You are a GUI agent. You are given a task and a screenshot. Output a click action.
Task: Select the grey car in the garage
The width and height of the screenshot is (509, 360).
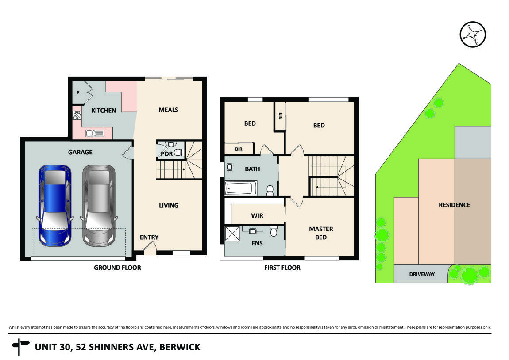(99, 205)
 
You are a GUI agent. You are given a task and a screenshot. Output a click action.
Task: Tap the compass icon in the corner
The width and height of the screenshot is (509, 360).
(473, 34)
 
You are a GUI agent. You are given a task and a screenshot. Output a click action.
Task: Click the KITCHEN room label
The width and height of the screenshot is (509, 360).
(104, 111)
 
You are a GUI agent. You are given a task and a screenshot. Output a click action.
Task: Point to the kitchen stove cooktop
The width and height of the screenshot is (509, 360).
(77, 115)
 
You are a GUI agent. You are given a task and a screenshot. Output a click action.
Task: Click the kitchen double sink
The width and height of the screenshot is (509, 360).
(95, 133)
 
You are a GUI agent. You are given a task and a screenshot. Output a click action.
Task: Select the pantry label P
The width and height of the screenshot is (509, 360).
(78, 93)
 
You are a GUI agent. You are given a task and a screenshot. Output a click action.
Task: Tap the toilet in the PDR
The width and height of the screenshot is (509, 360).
(178, 153)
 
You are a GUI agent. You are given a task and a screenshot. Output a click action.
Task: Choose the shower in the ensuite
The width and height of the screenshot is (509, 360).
(232, 233)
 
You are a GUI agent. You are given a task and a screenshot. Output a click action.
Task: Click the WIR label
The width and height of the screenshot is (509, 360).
(257, 216)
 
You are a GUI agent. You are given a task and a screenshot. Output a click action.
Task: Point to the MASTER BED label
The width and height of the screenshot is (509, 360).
(321, 233)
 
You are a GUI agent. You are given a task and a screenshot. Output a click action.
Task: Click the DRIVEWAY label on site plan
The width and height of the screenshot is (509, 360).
(421, 274)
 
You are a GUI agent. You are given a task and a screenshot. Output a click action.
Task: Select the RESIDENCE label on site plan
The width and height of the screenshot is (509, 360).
(454, 205)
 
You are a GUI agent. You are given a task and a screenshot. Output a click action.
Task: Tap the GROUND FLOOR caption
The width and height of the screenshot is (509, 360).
(117, 268)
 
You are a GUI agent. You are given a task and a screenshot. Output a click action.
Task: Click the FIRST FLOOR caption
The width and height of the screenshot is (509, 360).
(281, 268)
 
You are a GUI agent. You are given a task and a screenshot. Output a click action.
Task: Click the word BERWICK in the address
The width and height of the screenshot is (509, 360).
(180, 347)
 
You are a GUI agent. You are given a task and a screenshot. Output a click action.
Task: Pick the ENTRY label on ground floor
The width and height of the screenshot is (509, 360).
(149, 237)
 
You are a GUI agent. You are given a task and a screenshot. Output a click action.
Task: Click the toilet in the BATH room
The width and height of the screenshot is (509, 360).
(270, 190)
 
